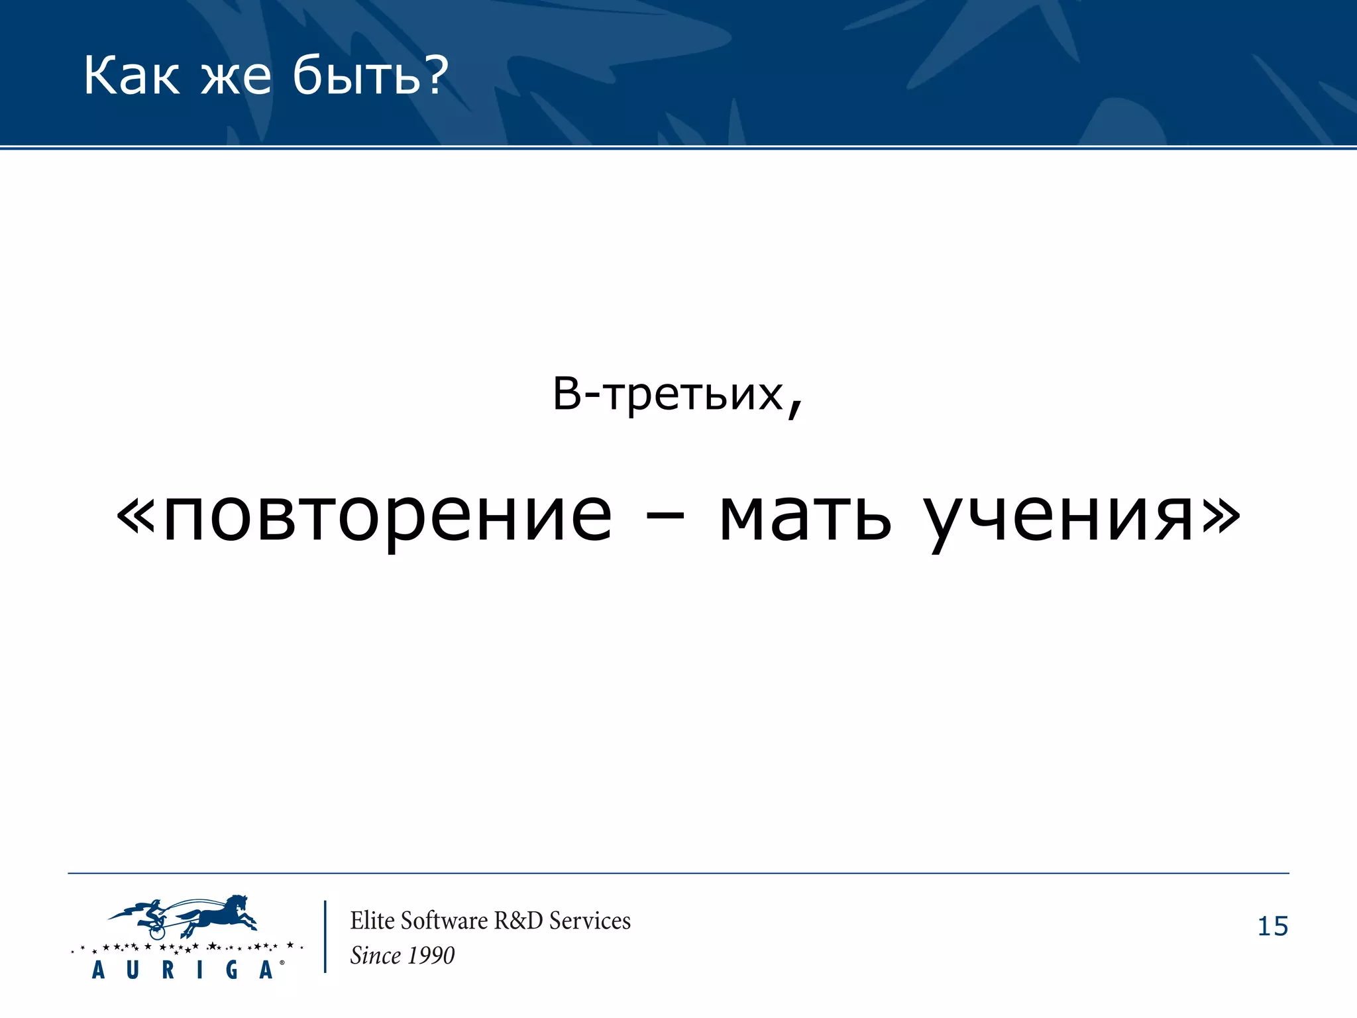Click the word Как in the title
coord(131,76)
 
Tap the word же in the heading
coord(237,77)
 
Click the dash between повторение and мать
coord(665,518)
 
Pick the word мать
coord(805,516)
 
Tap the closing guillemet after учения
coord(1221,516)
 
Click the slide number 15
coord(1272,926)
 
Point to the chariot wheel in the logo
coord(157,931)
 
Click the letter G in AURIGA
coord(232,970)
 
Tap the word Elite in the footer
coord(373,921)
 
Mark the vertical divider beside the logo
coord(325,936)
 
